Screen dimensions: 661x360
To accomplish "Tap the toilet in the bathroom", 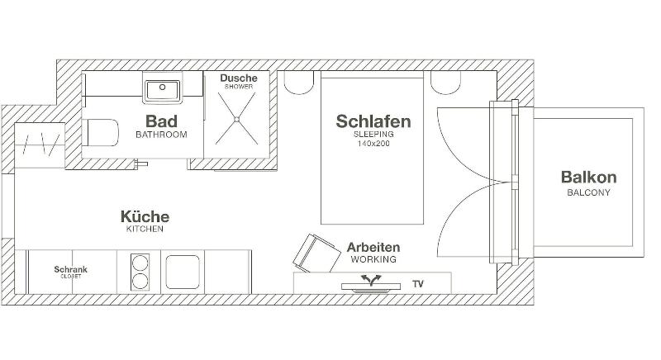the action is click(100, 133).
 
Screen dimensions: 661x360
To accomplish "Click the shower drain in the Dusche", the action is click(236, 120).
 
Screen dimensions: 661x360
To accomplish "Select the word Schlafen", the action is click(373, 121).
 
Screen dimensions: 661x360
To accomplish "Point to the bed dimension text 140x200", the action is click(373, 144).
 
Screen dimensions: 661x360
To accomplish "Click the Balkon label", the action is click(588, 178).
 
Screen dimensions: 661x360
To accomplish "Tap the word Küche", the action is click(145, 216).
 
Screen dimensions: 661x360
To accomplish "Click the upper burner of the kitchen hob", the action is click(140, 263).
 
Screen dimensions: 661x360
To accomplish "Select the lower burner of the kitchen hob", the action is click(140, 281).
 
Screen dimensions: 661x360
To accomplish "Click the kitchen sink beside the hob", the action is click(183, 272).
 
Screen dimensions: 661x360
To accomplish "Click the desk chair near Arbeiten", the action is click(316, 253).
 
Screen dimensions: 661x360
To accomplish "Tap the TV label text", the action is click(418, 284).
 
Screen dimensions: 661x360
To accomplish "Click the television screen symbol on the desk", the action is click(371, 287).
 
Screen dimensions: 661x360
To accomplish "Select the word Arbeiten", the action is click(373, 247).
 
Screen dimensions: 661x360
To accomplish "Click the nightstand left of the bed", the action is click(299, 83).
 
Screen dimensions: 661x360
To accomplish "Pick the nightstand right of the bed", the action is click(445, 83).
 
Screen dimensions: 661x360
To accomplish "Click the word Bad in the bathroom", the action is click(161, 121).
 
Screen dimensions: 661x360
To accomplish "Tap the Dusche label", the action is click(239, 78).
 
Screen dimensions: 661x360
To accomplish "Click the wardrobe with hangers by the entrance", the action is click(40, 145).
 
